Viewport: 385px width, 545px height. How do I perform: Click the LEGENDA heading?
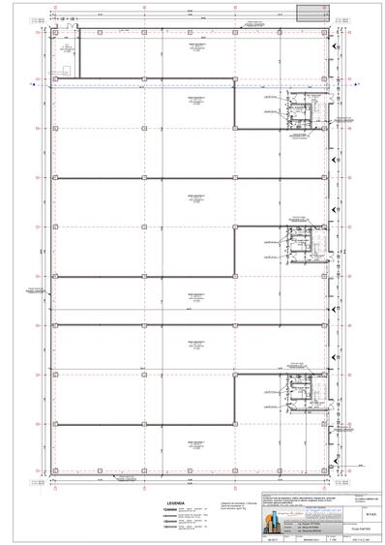pyautogui.click(x=175, y=477)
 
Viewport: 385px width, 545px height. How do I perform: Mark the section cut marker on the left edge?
pyautogui.click(x=32, y=84)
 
